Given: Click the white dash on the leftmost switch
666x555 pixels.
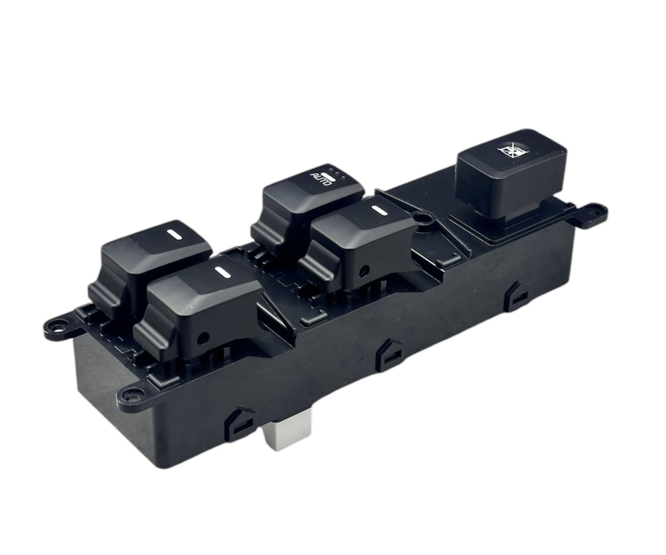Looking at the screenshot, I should (x=172, y=235).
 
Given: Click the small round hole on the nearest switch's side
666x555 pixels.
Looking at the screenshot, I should (x=203, y=336).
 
